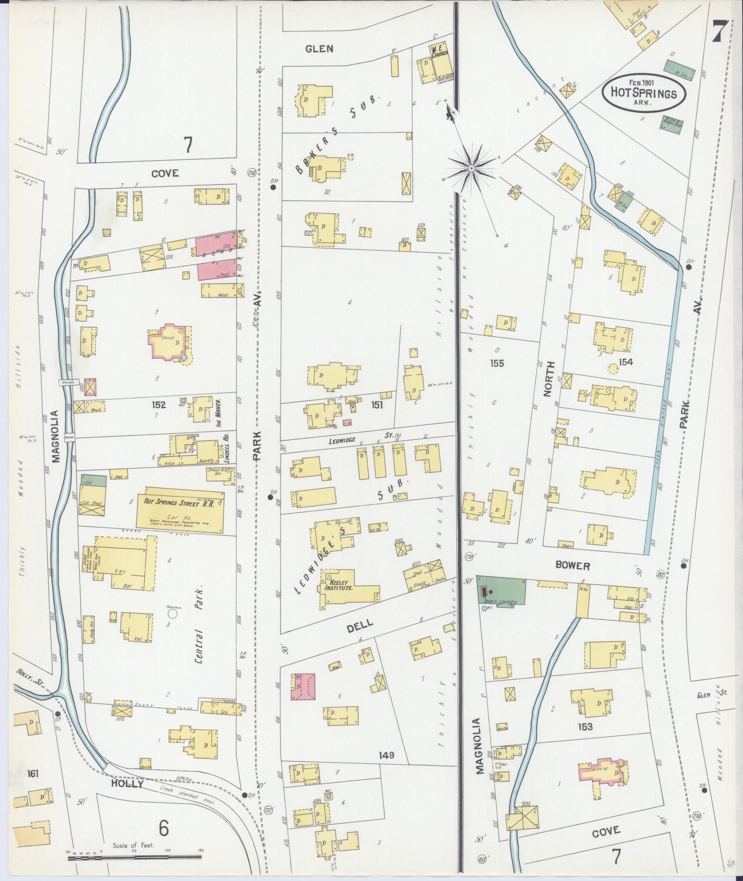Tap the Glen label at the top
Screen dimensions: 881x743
click(319, 49)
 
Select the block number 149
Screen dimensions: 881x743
click(386, 755)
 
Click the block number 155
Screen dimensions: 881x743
click(497, 363)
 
